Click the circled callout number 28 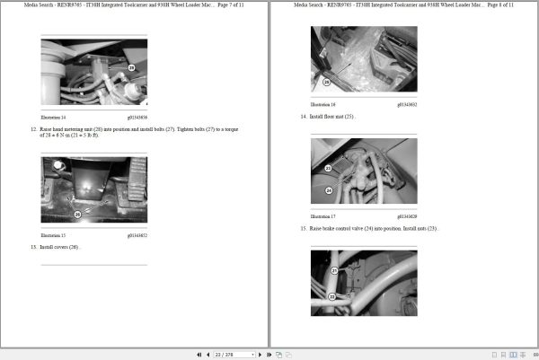pos(130,67)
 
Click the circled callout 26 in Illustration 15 pos(77,215)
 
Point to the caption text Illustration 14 pos(54,118)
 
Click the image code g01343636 pos(137,118)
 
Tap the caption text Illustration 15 pos(54,236)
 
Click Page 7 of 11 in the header pos(225,5)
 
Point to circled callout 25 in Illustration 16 pos(326,82)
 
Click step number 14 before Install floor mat pos(304,116)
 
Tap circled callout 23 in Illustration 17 pos(328,168)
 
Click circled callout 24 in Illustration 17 pos(328,190)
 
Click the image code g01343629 pos(407,216)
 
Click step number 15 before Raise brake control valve pos(304,228)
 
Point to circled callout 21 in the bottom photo pos(332,270)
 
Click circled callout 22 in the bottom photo pos(332,296)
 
